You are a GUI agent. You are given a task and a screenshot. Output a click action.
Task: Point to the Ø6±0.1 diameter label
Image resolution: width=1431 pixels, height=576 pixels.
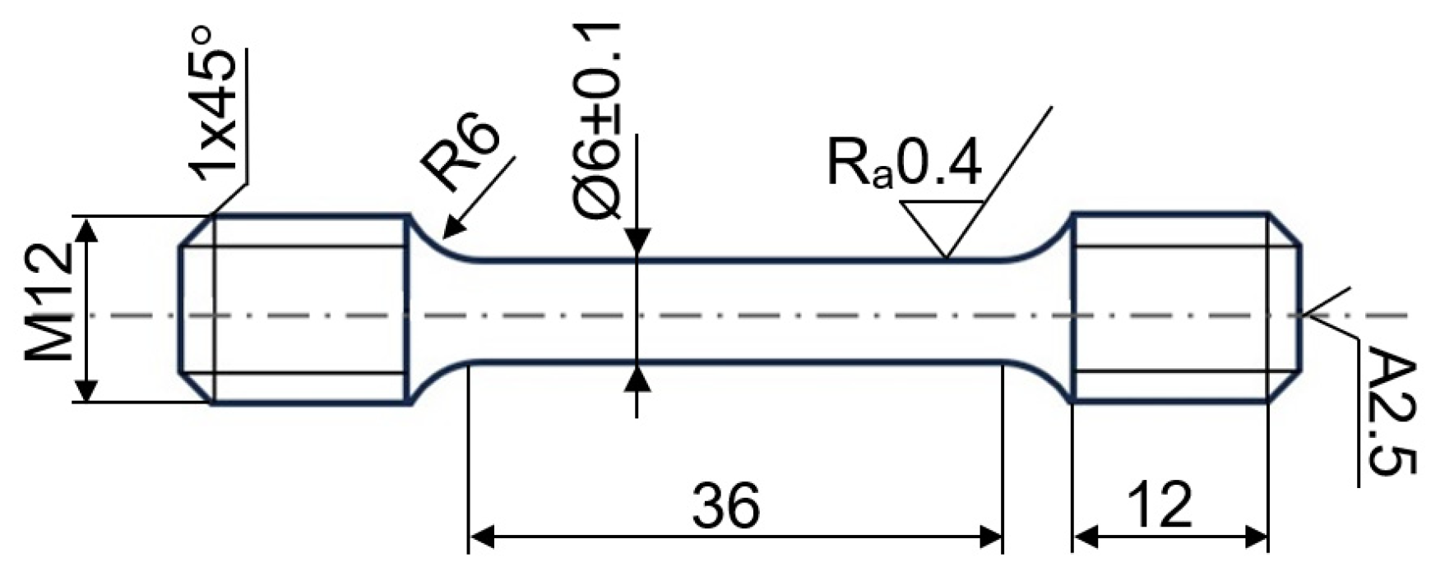tap(598, 122)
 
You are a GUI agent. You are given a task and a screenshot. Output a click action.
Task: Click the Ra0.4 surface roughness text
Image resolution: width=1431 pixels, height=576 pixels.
tap(903, 164)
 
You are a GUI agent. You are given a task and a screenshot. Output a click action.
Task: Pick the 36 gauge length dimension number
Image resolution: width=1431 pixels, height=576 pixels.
tap(725, 505)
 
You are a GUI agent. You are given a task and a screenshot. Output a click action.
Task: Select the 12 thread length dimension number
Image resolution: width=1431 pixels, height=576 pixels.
tap(1160, 505)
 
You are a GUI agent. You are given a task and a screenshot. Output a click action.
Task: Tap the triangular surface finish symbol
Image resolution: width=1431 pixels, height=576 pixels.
tap(942, 227)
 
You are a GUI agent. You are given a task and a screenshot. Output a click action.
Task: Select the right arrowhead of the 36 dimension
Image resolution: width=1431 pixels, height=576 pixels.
tap(991, 538)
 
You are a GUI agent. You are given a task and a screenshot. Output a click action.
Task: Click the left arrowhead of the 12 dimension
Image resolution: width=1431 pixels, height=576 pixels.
tap(1084, 538)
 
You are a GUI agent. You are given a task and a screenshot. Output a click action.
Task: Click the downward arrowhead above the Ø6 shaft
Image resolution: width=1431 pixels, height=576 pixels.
tap(637, 243)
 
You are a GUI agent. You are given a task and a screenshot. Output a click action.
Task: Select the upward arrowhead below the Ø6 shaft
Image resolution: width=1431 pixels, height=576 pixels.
tap(637, 378)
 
